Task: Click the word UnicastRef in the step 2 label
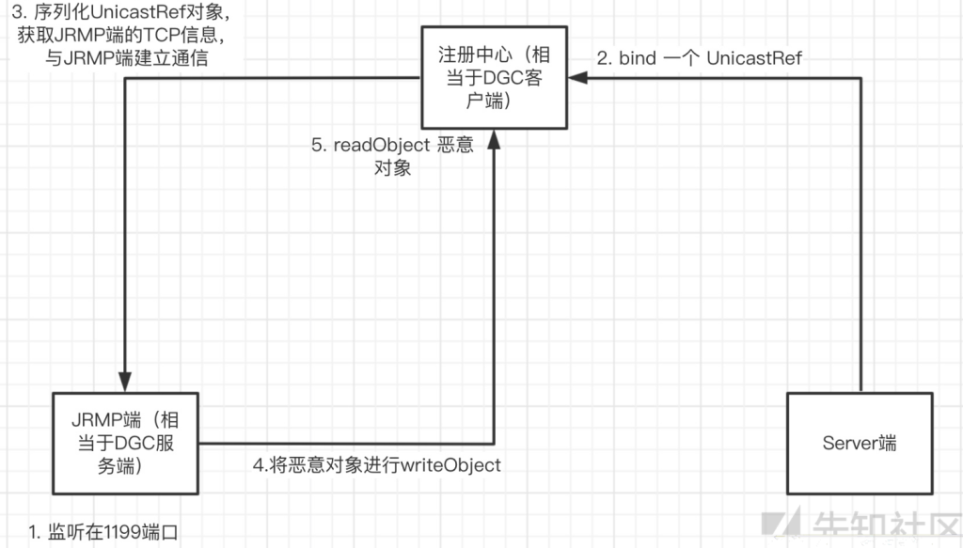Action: pos(754,58)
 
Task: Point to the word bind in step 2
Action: pos(638,58)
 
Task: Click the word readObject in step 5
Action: pos(382,145)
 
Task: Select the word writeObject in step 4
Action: pos(450,465)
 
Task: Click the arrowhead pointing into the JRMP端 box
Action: pos(125,381)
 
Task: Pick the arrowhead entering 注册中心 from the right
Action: pos(578,77)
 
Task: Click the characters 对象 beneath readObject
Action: pos(392,167)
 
